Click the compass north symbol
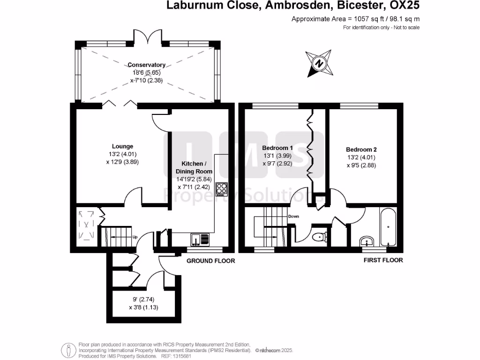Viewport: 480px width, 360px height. pyautogui.click(x=319, y=63)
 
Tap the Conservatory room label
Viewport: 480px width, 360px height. pyautogui.click(x=148, y=65)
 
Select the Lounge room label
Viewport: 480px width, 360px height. pyautogui.click(x=122, y=146)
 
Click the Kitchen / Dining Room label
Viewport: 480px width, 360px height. pyautogui.click(x=194, y=167)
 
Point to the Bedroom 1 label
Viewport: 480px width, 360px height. pyautogui.click(x=275, y=149)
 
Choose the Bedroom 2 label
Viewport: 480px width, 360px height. pyautogui.click(x=360, y=150)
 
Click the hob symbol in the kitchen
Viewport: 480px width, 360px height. pyautogui.click(x=221, y=189)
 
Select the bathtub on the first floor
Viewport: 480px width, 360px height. pyautogui.click(x=388, y=228)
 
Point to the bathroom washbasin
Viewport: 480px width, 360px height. pyautogui.click(x=367, y=241)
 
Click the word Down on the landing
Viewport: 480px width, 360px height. pyautogui.click(x=293, y=217)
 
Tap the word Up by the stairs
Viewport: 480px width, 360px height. pyautogui.click(x=135, y=236)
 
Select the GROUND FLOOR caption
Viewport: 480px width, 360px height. pyautogui.click(x=211, y=261)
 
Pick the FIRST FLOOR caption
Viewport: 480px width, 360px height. pyautogui.click(x=383, y=260)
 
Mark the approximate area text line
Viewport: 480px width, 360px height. pyautogui.click(x=355, y=19)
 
